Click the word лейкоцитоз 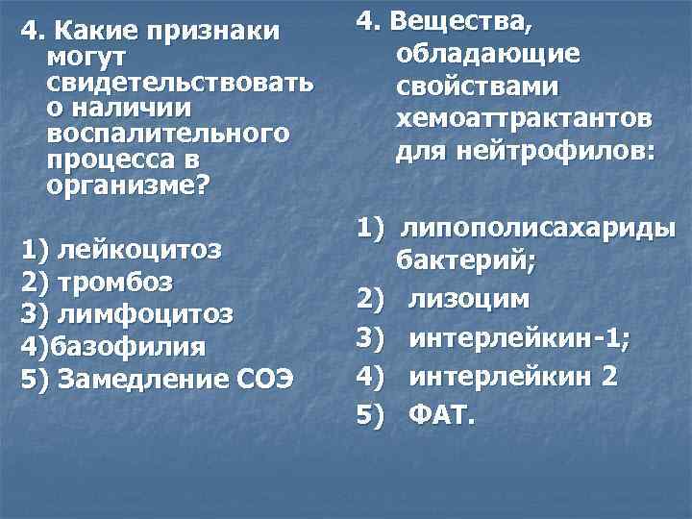140,251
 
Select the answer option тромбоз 115,283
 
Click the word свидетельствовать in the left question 179,82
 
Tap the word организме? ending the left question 126,183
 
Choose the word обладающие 487,55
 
